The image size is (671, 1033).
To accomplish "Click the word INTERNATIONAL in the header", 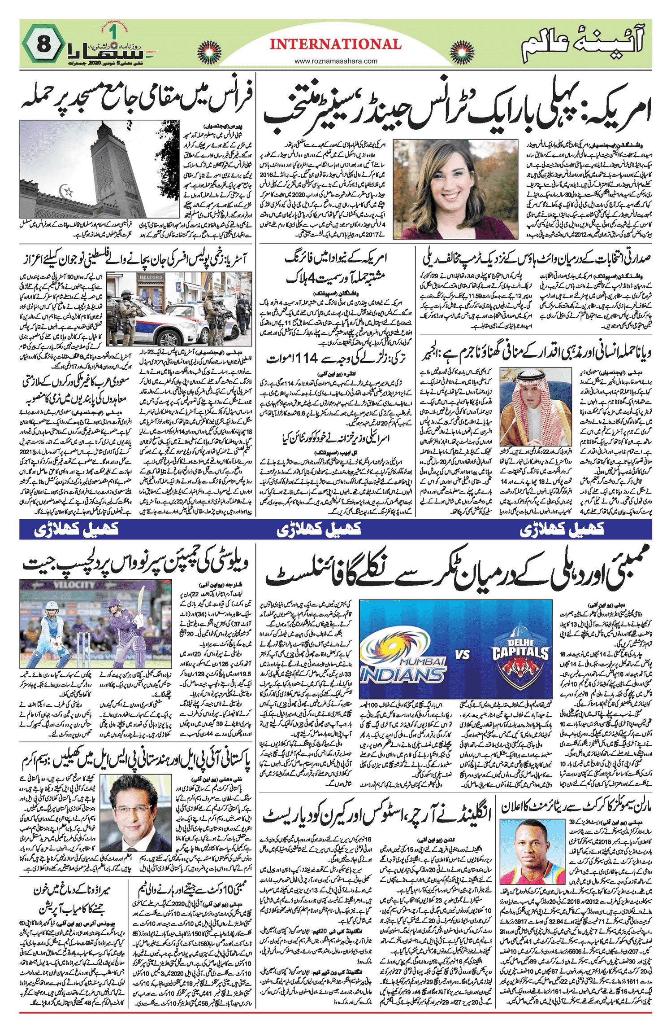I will click(335, 44).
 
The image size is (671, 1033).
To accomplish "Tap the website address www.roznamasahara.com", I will click(336, 61).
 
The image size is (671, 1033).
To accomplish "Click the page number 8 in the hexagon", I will click(43, 44).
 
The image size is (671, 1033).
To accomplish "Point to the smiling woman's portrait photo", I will click(455, 189).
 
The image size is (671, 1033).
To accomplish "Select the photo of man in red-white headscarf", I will click(536, 406).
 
